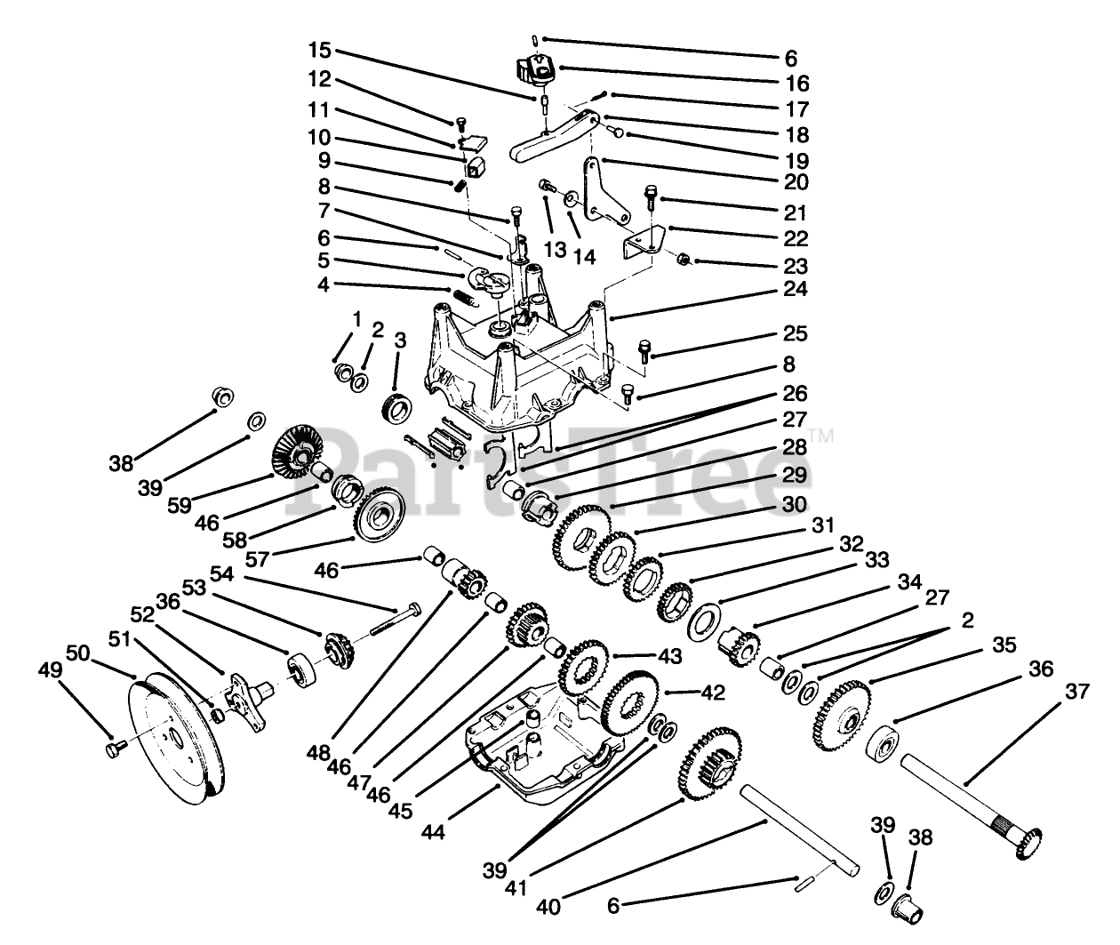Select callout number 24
point(796,289)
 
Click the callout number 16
point(797,83)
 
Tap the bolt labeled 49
point(111,751)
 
